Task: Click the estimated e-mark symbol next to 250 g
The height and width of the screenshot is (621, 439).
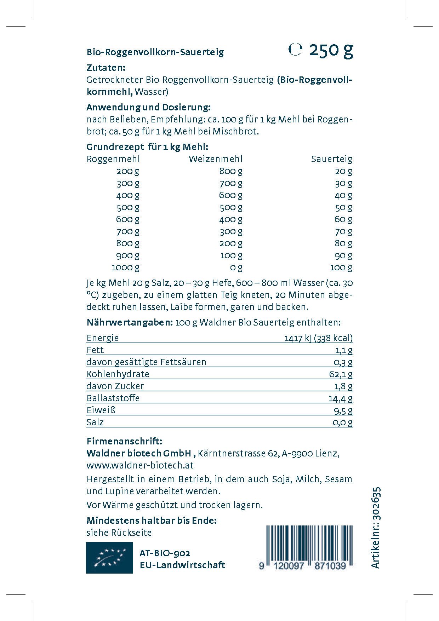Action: pyautogui.click(x=295, y=50)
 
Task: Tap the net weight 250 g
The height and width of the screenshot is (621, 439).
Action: pyautogui.click(x=331, y=50)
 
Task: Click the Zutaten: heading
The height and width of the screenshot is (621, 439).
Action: pyautogui.click(x=106, y=68)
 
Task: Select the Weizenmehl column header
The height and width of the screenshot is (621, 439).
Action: pyautogui.click(x=216, y=159)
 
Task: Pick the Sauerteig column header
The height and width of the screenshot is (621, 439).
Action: pyautogui.click(x=332, y=159)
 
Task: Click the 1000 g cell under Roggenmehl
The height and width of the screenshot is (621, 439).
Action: pyautogui.click(x=126, y=267)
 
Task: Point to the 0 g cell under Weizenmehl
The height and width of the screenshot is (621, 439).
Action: pyautogui.click(x=236, y=267)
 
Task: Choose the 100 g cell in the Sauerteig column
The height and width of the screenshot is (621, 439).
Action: pyautogui.click(x=341, y=267)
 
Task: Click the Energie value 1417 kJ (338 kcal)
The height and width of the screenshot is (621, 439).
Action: pyautogui.click(x=318, y=338)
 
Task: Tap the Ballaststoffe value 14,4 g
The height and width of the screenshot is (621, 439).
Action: pyautogui.click(x=340, y=398)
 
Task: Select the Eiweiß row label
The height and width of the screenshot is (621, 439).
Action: pyautogui.click(x=101, y=410)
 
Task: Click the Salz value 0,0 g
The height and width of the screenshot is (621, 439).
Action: pyautogui.click(x=342, y=422)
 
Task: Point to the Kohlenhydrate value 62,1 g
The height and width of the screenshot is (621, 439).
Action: pyautogui.click(x=341, y=374)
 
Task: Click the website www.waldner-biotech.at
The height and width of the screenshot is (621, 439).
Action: pyautogui.click(x=140, y=465)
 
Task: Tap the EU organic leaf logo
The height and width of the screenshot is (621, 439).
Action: pyautogui.click(x=109, y=558)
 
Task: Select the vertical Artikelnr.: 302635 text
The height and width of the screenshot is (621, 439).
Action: pyautogui.click(x=376, y=528)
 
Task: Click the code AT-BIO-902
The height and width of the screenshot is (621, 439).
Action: pyautogui.click(x=165, y=553)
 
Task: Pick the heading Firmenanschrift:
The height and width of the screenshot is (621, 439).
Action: pyautogui.click(x=124, y=441)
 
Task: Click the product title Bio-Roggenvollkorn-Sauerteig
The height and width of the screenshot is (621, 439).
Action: pyautogui.click(x=155, y=52)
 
